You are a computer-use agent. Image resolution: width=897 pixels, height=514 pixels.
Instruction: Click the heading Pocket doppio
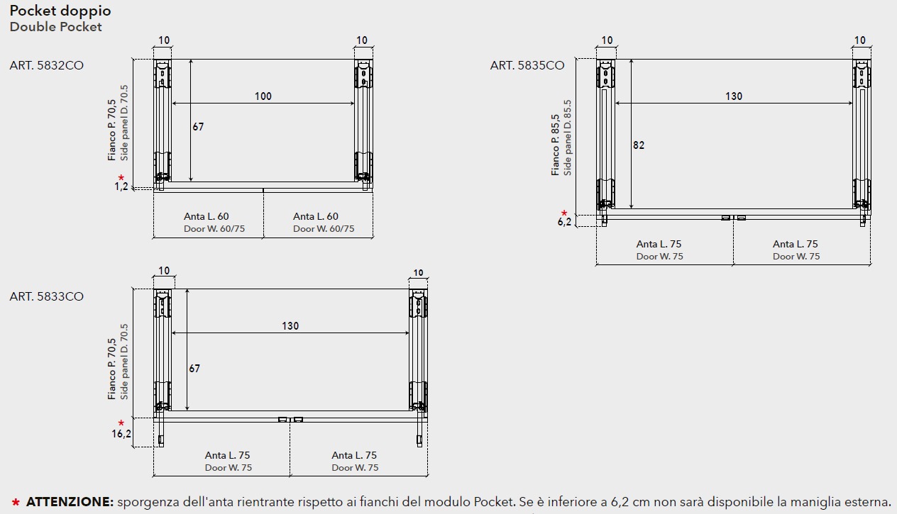point(60,11)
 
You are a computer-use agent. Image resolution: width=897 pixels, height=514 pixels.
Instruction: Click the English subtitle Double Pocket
point(55,27)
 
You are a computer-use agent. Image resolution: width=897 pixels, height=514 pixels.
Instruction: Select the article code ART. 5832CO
point(46,65)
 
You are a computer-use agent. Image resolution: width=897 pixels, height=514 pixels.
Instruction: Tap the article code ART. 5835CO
point(527,65)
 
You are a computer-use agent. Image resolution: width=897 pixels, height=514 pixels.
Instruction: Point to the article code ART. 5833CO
point(46,296)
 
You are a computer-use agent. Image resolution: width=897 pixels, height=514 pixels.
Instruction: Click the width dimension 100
point(263,96)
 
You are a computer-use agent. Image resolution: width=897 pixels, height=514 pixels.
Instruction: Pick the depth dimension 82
point(639,145)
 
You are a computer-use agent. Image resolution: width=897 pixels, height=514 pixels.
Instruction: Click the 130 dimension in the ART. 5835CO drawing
point(734,96)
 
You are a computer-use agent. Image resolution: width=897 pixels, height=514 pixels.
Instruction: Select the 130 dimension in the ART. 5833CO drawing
point(290,326)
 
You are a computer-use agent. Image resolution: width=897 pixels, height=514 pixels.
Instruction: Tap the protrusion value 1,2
point(121,187)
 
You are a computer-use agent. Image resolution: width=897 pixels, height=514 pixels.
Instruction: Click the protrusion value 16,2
point(121,434)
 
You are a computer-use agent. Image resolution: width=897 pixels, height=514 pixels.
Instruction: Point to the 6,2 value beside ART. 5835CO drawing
point(564,222)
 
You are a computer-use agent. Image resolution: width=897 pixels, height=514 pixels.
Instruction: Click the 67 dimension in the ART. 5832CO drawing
point(198,127)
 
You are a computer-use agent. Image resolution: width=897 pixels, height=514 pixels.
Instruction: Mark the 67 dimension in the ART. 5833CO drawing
point(194,369)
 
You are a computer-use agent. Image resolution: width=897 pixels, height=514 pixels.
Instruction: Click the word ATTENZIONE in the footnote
point(70,502)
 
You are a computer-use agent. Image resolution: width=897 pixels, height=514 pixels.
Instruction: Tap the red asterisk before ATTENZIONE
point(16,503)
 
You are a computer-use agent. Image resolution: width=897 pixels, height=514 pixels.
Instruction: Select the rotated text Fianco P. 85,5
point(556,145)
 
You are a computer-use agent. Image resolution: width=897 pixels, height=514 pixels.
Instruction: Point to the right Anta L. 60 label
point(316,216)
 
